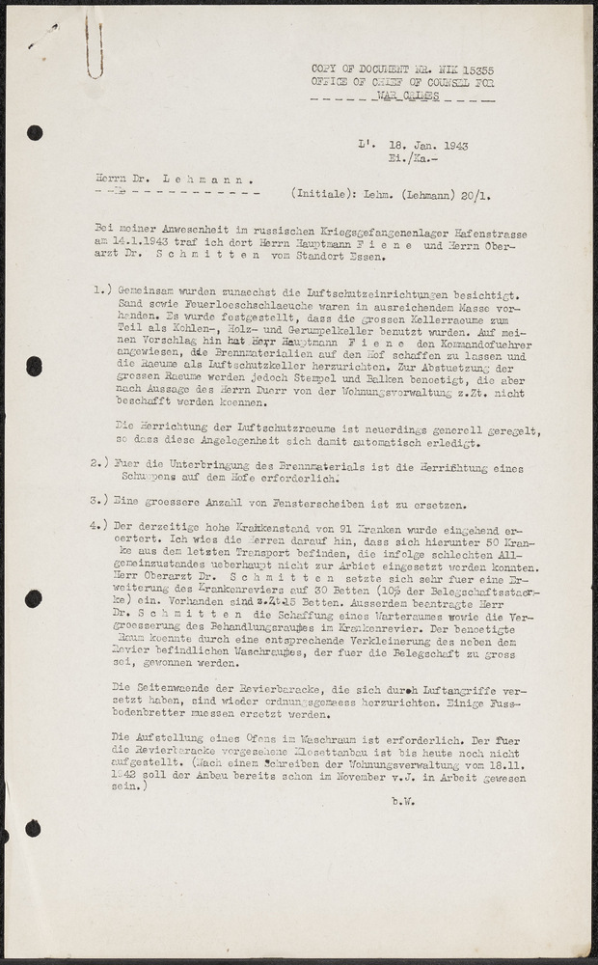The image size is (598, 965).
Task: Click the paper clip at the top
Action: click(x=95, y=49)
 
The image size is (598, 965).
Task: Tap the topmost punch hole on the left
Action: click(x=35, y=133)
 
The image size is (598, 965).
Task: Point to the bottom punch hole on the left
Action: click(x=34, y=828)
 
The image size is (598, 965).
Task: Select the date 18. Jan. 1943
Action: click(x=427, y=146)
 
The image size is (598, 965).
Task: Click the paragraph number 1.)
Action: click(x=100, y=290)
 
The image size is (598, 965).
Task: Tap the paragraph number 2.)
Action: click(x=100, y=463)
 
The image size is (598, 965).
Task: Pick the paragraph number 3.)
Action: click(x=100, y=503)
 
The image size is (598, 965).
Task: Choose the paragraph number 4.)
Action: click(x=100, y=526)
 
